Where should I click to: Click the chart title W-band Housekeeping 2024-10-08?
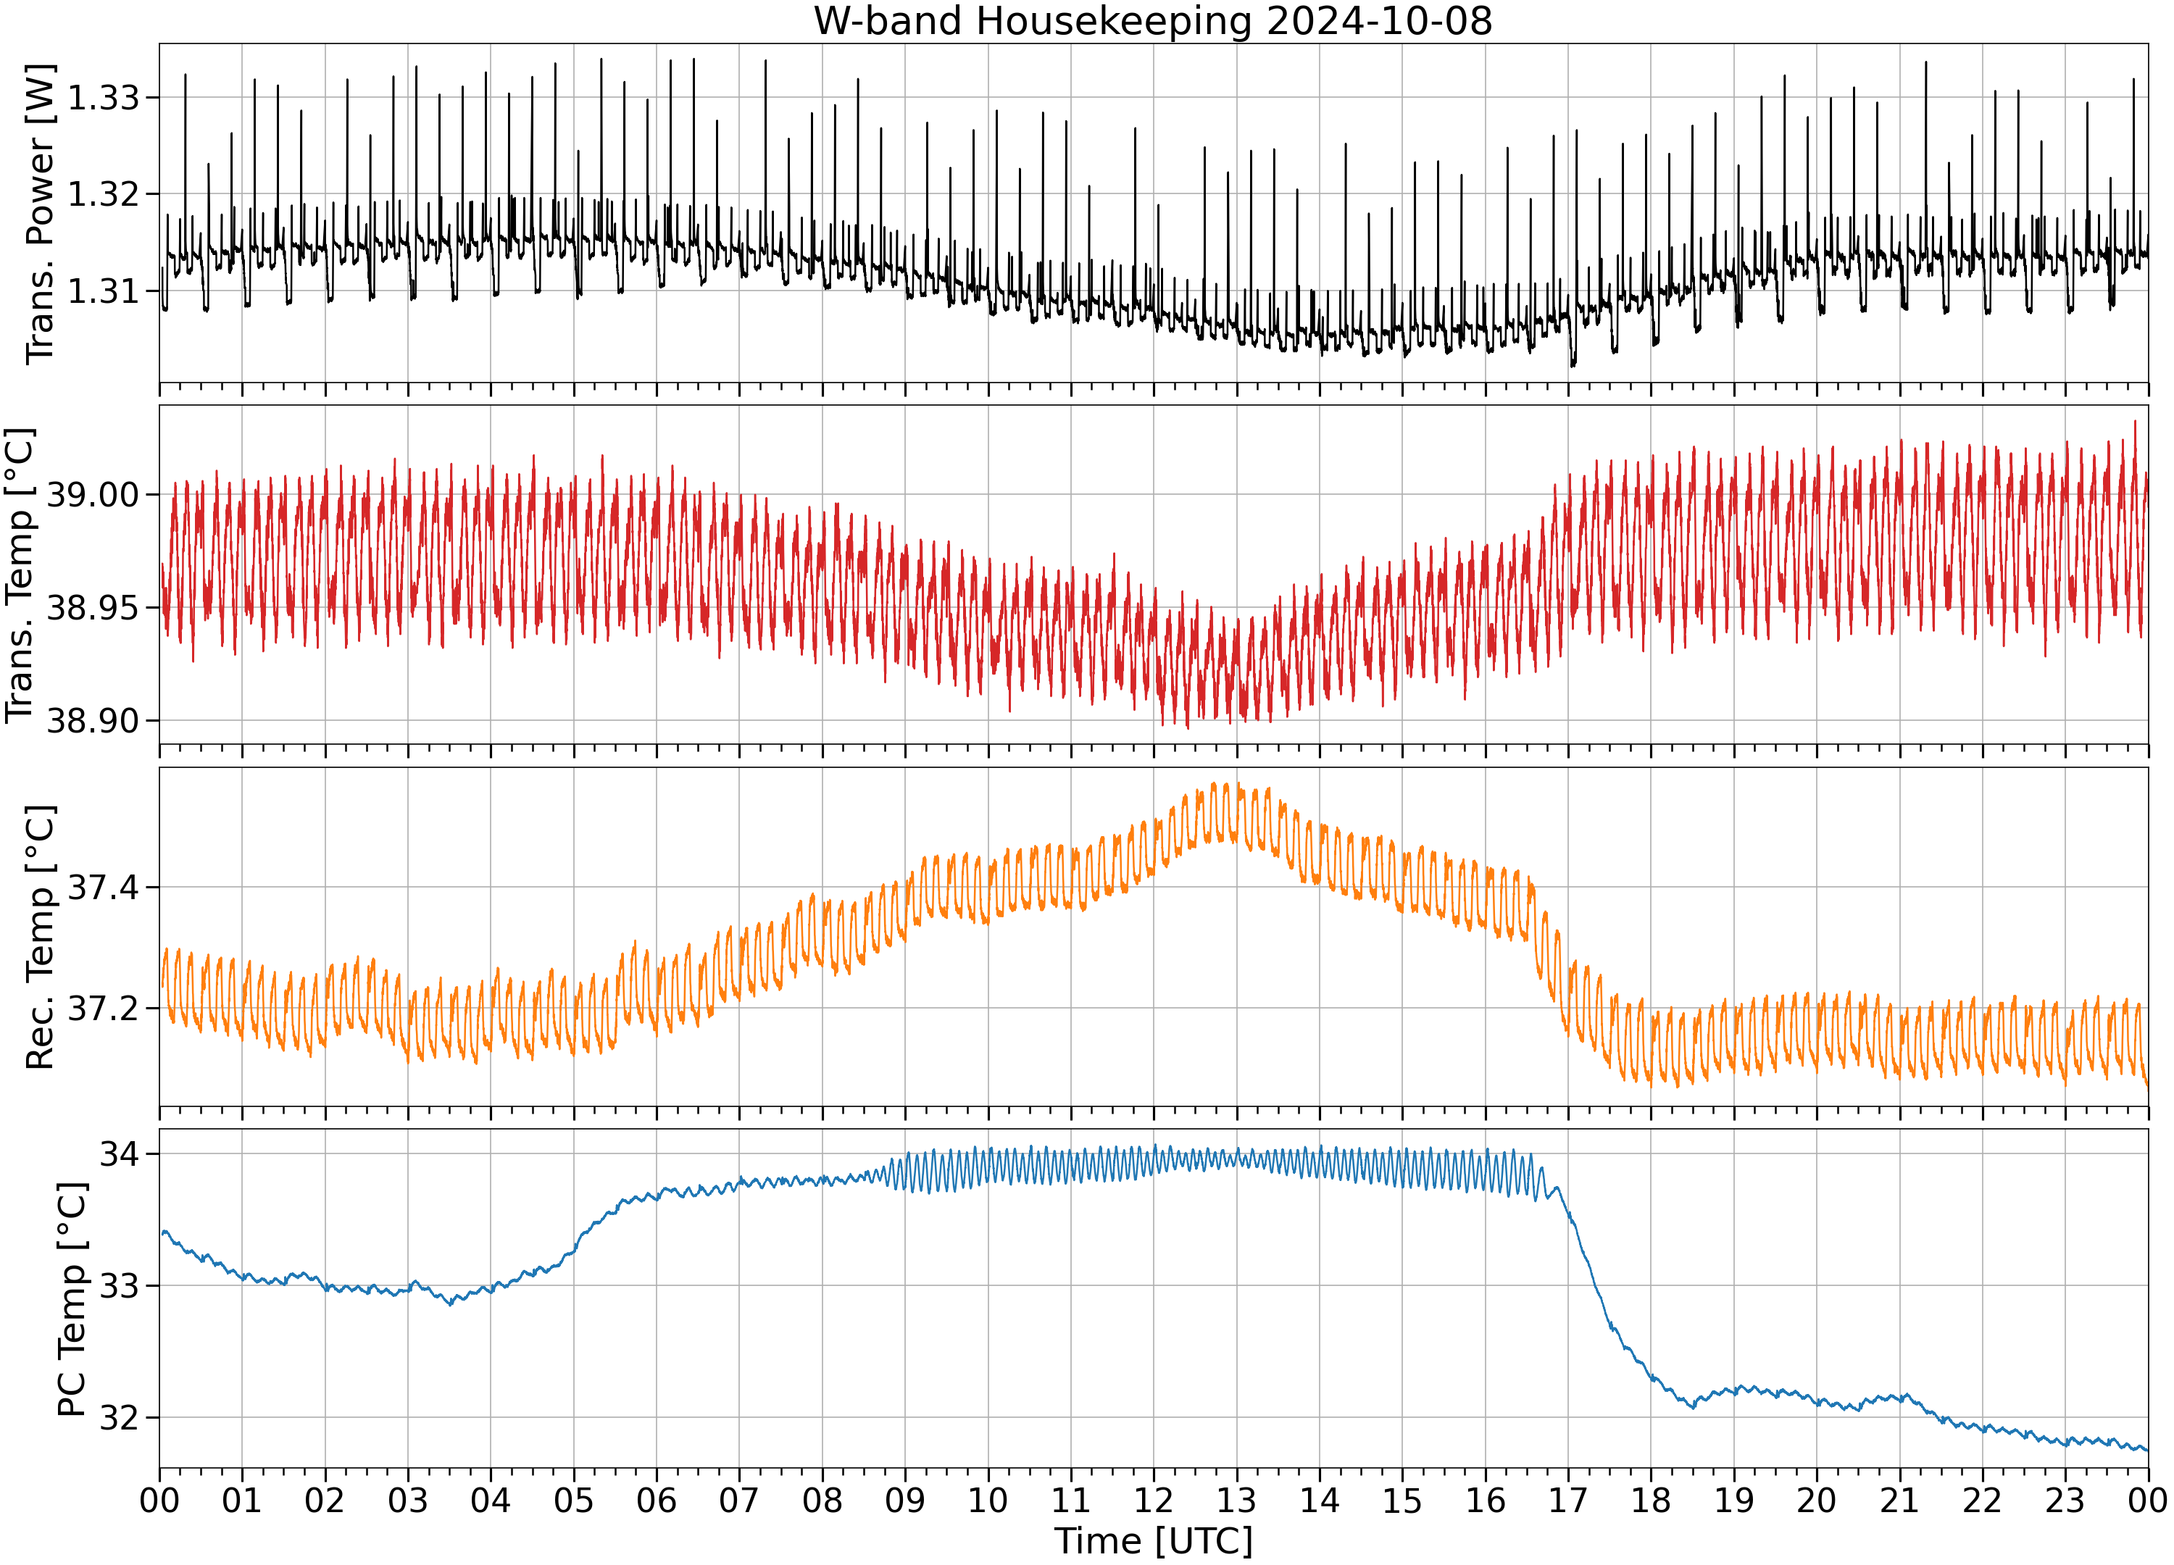[x=1153, y=21]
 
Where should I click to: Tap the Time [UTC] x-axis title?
[x=1153, y=1541]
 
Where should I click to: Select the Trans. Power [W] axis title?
[x=41, y=214]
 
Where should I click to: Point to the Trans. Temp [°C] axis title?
[x=20, y=575]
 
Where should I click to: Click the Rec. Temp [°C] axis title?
[x=41, y=938]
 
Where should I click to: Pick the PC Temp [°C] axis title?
[x=72, y=1300]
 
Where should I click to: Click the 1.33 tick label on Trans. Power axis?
[x=103, y=98]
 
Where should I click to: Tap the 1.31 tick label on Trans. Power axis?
[x=103, y=291]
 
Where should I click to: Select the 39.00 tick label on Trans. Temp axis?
[x=93, y=496]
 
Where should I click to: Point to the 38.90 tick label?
[x=93, y=721]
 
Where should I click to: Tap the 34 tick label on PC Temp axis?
[x=120, y=1154]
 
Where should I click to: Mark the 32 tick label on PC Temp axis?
[x=120, y=1417]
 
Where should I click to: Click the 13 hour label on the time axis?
[x=1236, y=1500]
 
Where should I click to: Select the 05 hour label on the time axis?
[x=573, y=1500]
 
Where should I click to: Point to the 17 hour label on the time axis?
[x=1568, y=1500]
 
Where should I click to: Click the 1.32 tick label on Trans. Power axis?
[x=103, y=193]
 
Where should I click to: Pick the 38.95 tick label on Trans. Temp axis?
[x=93, y=608]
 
